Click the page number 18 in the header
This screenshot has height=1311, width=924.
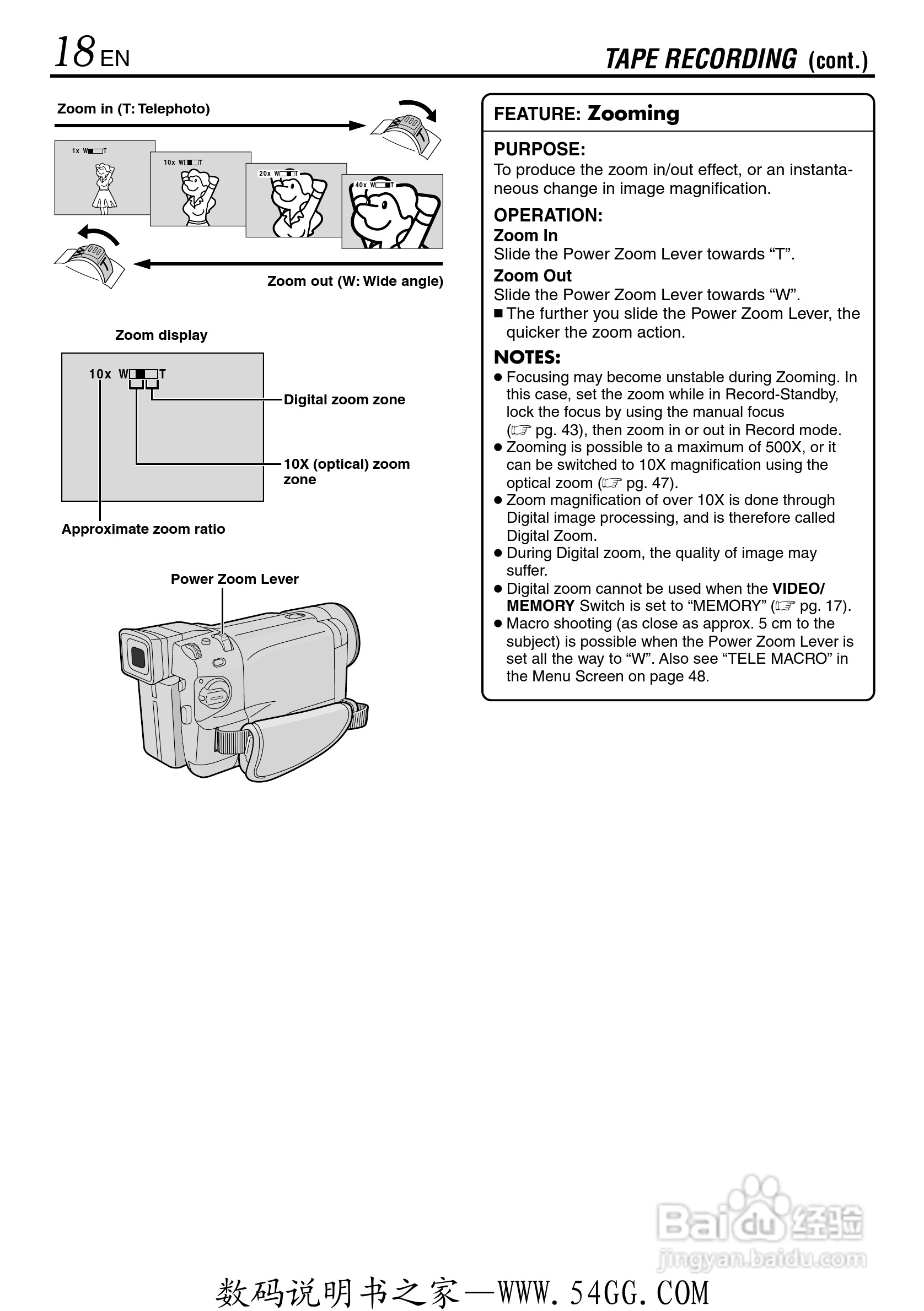pos(75,52)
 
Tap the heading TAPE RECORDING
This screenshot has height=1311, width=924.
pos(701,59)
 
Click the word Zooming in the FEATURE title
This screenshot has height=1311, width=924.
pos(633,113)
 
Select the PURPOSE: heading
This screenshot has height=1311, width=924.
pos(539,150)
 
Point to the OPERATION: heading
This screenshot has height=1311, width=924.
pos(548,215)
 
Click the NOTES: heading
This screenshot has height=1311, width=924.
pos(527,357)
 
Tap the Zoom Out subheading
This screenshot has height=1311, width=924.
pos(532,276)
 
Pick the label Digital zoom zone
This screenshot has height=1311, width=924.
pos(344,400)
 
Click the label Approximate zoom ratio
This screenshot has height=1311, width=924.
pos(143,529)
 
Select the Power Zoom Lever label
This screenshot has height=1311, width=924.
pos(234,579)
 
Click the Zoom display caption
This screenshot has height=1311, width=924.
pos(161,335)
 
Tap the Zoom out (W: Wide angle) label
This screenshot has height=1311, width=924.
pos(355,281)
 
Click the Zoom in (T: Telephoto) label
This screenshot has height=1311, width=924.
pos(133,109)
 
